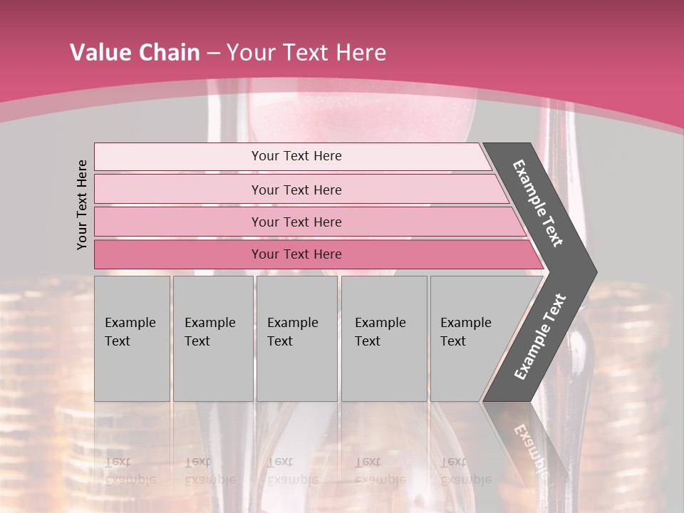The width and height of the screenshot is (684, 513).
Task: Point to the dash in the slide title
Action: point(213,53)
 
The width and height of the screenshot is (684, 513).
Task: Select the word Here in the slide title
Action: point(361,53)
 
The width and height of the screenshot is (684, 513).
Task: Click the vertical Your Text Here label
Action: point(83,204)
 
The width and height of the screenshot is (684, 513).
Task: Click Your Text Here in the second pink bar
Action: point(296,190)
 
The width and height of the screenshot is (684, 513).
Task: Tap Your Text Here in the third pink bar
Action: point(296,222)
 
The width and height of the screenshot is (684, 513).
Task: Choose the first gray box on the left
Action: point(132,338)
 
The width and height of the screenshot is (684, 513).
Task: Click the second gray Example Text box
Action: point(212,338)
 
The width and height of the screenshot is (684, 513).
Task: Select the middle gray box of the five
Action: point(296,338)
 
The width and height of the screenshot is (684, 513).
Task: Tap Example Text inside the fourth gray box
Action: point(380,332)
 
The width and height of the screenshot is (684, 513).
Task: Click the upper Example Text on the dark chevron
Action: point(538,203)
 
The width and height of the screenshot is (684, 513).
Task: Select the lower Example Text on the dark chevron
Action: point(540,336)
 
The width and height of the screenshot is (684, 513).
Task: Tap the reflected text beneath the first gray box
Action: point(130,470)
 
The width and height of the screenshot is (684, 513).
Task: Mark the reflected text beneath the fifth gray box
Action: point(465,470)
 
